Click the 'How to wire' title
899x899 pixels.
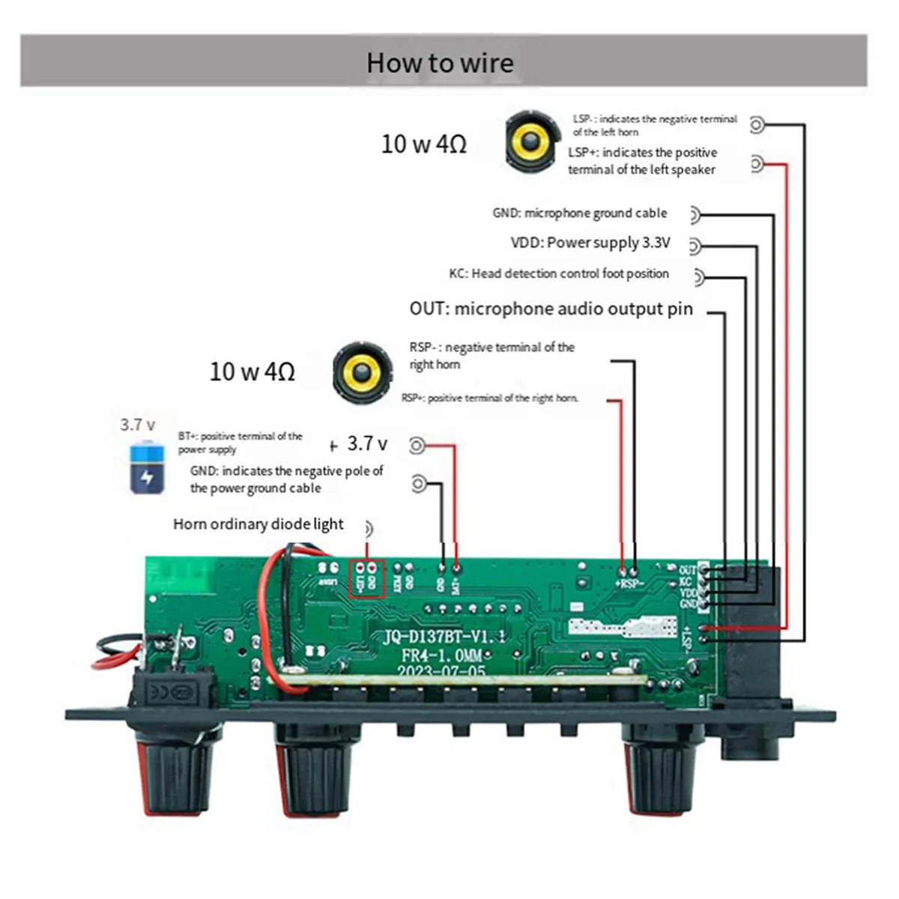click(440, 63)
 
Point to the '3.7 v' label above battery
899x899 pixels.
click(138, 425)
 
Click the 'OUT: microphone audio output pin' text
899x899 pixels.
click(551, 309)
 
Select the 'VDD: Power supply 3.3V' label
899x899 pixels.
click(590, 243)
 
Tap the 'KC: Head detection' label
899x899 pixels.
click(559, 273)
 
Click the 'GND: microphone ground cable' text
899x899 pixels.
click(579, 213)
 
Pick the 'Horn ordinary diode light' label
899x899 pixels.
click(258, 524)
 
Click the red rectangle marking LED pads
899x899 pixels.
click(367, 578)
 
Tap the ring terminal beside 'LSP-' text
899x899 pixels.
click(758, 125)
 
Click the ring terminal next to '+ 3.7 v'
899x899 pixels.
click(417, 446)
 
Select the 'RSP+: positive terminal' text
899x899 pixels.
click(490, 398)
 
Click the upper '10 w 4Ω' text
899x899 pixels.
click(424, 144)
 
